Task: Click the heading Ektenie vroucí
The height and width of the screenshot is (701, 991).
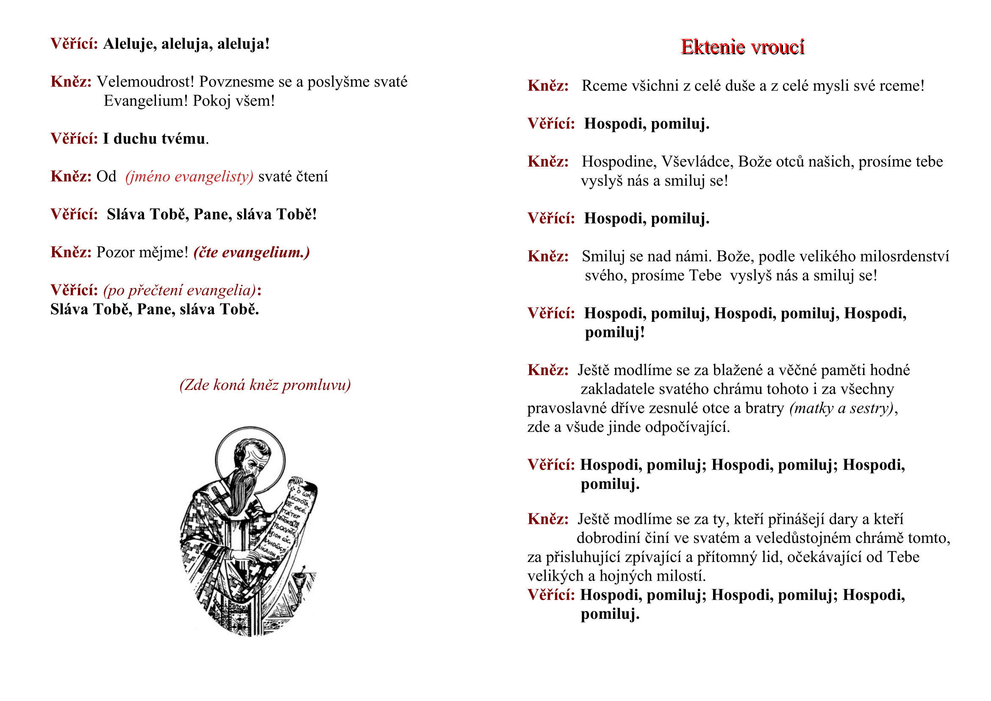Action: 742,47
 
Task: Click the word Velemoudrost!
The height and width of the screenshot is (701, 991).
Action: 145,81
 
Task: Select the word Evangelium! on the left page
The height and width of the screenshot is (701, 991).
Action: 146,100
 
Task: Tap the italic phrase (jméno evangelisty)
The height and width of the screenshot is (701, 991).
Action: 189,177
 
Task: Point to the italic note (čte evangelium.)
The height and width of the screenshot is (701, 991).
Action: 252,252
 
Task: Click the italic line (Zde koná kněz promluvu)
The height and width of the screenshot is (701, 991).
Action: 265,384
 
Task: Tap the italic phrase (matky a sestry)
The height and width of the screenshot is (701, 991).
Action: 841,408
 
